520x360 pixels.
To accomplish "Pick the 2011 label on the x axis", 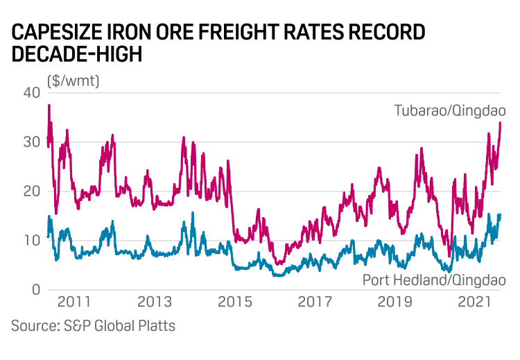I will click(x=74, y=303).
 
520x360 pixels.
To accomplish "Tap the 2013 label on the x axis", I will click(x=155, y=303).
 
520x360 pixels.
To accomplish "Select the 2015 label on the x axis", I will click(x=234, y=303).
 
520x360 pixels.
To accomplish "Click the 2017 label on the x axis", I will click(x=315, y=303).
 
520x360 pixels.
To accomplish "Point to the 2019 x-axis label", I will click(x=395, y=303).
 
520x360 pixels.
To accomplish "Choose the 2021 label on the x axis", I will click(x=475, y=303).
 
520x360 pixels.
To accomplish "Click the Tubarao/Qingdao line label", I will click(x=450, y=111).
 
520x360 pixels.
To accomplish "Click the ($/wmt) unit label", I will click(x=73, y=80).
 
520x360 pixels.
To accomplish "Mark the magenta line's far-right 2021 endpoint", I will click(x=501, y=123).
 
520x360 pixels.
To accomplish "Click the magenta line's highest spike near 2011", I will click(x=49, y=105).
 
